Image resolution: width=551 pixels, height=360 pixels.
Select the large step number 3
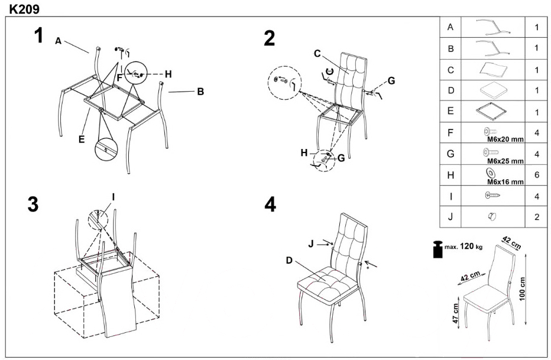(x=34, y=203)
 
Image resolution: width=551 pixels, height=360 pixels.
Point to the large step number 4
(x=270, y=205)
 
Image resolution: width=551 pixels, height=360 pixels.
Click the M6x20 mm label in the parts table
(x=505, y=139)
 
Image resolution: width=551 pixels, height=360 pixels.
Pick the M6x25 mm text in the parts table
(x=505, y=160)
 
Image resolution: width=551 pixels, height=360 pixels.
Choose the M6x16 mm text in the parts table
(x=505, y=182)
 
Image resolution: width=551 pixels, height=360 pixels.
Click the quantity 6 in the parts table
(x=537, y=176)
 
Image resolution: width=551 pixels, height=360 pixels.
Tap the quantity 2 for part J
(x=537, y=217)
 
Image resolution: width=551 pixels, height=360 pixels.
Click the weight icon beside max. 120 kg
(x=439, y=248)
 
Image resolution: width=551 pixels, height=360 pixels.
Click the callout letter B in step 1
(x=200, y=92)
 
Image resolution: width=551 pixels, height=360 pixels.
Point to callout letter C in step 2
(x=317, y=54)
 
